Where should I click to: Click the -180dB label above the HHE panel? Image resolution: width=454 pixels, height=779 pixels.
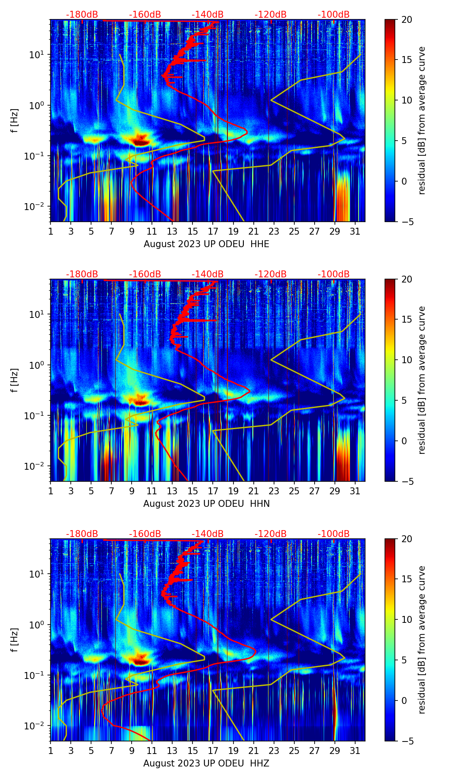[x=82, y=15]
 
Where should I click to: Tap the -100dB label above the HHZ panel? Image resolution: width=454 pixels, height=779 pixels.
[x=334, y=534]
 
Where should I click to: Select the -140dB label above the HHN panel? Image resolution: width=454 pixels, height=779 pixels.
[x=208, y=274]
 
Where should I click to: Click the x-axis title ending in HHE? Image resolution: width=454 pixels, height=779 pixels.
[x=206, y=244]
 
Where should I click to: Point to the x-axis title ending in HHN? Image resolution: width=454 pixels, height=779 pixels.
[x=206, y=504]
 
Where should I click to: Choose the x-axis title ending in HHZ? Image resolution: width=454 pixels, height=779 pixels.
[x=206, y=763]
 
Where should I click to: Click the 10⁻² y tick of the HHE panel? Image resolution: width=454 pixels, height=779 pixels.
[x=37, y=207]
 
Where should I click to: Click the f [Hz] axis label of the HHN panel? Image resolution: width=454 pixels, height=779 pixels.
[x=15, y=380]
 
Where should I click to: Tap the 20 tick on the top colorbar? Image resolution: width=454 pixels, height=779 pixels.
[x=407, y=19]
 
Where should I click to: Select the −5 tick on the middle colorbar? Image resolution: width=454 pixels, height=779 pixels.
[x=407, y=481]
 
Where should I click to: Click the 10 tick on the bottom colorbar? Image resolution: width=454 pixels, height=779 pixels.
[x=407, y=619]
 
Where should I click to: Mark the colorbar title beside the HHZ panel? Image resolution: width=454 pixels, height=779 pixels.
[x=422, y=640]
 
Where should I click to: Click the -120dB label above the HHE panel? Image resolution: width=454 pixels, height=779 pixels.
[x=271, y=15]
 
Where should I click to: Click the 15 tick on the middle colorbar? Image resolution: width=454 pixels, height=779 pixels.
[x=407, y=320]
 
